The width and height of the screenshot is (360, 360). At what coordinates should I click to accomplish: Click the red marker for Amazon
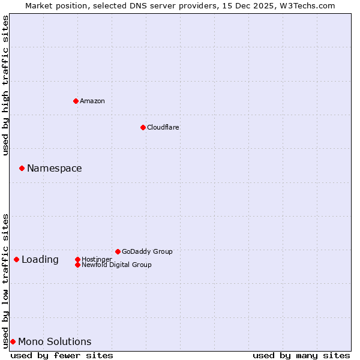(x=76, y=101)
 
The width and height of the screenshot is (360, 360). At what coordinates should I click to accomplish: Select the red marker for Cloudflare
(x=143, y=127)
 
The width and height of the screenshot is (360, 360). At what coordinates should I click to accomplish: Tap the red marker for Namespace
(x=22, y=168)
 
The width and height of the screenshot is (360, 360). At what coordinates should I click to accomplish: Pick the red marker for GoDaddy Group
(x=118, y=251)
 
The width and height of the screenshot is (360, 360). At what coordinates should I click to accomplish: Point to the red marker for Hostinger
(x=77, y=259)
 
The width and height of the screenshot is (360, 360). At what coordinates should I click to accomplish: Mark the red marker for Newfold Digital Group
(x=77, y=265)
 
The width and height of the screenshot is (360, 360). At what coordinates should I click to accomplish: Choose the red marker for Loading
(x=16, y=259)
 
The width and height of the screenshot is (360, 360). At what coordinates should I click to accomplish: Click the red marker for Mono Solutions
(x=13, y=341)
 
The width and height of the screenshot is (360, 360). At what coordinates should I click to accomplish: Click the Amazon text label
(x=92, y=101)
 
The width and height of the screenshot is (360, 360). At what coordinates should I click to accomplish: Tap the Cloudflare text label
(x=163, y=127)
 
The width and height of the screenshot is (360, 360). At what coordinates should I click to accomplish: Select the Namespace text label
(x=54, y=168)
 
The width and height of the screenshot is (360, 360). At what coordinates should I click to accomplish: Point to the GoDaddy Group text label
(x=147, y=251)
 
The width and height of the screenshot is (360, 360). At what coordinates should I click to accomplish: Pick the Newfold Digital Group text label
(x=116, y=265)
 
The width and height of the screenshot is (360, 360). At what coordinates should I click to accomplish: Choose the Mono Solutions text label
(x=55, y=341)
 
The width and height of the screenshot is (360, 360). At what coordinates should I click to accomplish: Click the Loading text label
(x=40, y=259)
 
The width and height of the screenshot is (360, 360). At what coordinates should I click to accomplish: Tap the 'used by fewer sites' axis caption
(x=62, y=355)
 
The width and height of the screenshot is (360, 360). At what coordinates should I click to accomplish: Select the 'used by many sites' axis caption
(x=301, y=355)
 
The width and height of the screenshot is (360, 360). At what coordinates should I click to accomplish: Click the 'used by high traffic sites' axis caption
(x=5, y=85)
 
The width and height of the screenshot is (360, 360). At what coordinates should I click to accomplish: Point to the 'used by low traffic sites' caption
(x=5, y=280)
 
